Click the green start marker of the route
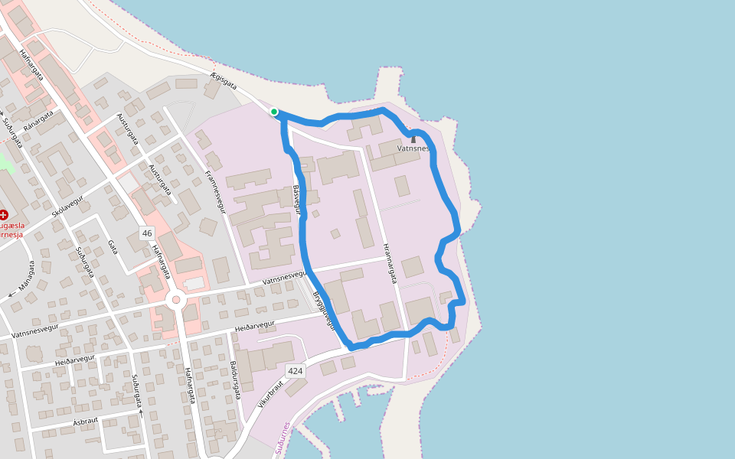274,112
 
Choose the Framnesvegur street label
217,191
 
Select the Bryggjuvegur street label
325,309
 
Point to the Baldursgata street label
236,381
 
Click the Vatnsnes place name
413,148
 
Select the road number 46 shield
147,233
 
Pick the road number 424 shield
296,371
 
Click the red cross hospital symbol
4,216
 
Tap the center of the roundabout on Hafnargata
176,301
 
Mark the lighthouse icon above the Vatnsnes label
413,138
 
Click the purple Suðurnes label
283,438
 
